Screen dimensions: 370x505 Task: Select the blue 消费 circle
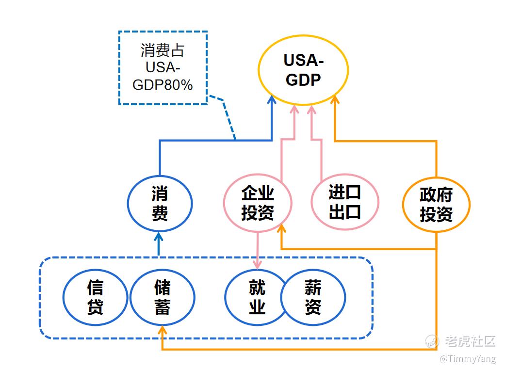coord(160,204)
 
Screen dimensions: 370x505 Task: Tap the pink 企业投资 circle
coord(258,203)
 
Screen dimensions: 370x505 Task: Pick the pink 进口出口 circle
coord(344,202)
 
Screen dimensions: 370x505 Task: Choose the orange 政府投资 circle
coord(436,205)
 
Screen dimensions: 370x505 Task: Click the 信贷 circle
coord(95,297)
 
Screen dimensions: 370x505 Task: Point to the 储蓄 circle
coord(163,297)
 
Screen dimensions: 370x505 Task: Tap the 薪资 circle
coord(313,297)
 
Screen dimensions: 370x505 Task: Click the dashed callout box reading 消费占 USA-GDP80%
coord(163,68)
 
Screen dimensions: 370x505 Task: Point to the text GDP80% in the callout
coord(163,85)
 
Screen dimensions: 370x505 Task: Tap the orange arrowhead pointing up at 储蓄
coord(163,330)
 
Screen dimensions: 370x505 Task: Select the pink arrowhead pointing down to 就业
coord(258,265)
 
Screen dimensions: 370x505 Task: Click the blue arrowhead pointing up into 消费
coord(159,237)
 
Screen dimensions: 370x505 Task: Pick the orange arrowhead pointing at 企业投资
coord(282,232)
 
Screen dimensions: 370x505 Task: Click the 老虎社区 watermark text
coord(470,341)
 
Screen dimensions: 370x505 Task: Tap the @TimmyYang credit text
coord(468,359)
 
